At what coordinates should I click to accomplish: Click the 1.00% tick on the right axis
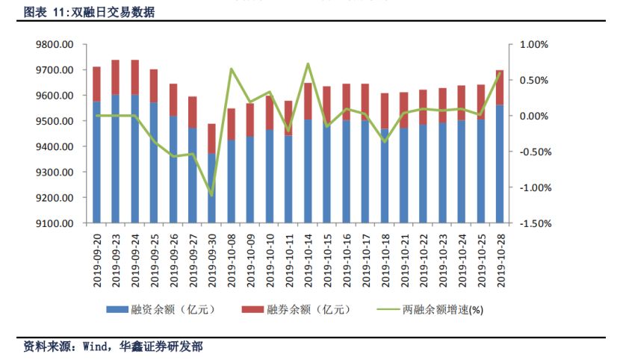pyautogui.click(x=532, y=45)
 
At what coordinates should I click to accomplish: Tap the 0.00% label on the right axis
pyautogui.click(x=532, y=117)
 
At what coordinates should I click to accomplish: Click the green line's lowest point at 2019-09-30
pyautogui.click(x=211, y=195)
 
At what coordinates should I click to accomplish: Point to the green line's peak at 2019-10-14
pyautogui.click(x=308, y=63)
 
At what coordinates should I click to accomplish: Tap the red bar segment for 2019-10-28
pyautogui.click(x=500, y=87)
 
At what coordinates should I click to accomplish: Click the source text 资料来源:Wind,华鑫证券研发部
pyautogui.click(x=113, y=347)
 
